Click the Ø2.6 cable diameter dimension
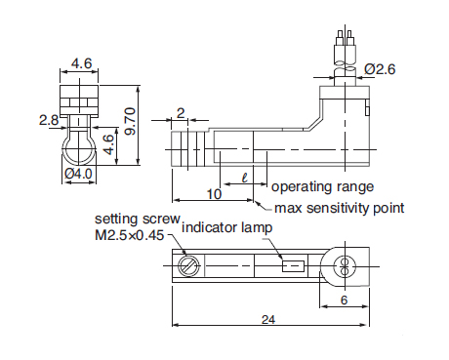[x=380, y=69]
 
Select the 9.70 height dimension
[x=130, y=121]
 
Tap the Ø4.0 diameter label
[x=78, y=174]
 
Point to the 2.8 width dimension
[x=49, y=120]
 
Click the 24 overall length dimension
[x=268, y=320]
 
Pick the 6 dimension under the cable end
[x=344, y=300]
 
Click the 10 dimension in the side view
[x=214, y=194]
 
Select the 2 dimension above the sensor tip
[x=181, y=113]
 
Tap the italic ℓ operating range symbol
[x=245, y=178]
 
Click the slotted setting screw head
[x=188, y=266]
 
